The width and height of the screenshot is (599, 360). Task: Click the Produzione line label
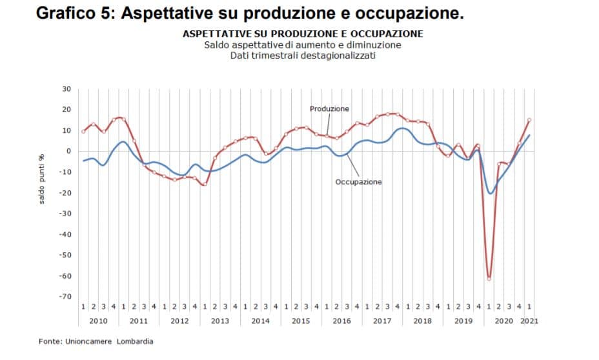329,109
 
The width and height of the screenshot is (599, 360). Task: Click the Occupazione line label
358,182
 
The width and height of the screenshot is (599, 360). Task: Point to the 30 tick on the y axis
66,89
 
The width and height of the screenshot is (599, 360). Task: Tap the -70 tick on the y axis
65,297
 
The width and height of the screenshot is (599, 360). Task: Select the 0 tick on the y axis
68,151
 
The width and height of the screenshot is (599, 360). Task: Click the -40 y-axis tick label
65,234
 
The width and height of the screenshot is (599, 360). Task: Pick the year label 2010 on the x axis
98,321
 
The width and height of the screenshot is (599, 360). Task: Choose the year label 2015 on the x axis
301,321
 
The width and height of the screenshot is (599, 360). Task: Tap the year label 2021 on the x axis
529,321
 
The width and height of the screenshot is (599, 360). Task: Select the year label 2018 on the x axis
422,321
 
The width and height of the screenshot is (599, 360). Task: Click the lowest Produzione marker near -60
489,278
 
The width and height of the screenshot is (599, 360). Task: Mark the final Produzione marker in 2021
529,119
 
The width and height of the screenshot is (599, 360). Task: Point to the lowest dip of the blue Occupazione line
491,193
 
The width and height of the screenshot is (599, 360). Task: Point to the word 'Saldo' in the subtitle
216,45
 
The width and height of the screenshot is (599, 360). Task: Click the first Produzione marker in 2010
83,132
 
